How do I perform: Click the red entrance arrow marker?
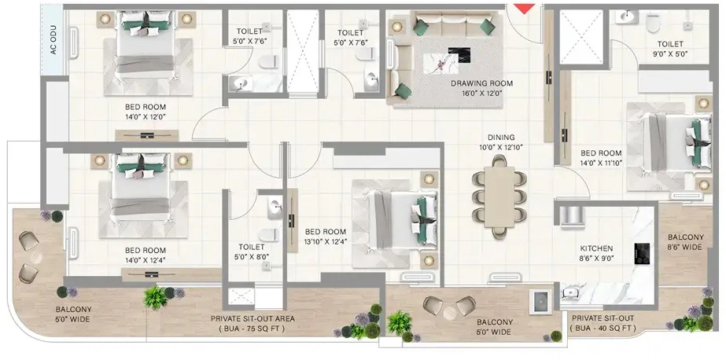tap(525, 9)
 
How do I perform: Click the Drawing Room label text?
tap(482, 84)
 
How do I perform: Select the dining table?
tap(499, 197)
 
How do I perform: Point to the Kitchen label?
tap(596, 248)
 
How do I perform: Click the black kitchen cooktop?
tap(642, 254)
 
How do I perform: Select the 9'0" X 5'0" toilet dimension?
tap(670, 53)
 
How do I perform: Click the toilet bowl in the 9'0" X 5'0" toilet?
tap(653, 22)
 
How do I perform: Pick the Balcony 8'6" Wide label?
tap(685, 242)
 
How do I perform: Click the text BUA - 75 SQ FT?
tap(252, 329)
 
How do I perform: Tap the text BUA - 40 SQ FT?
tap(603, 328)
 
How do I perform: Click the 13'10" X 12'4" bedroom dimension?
tap(325, 241)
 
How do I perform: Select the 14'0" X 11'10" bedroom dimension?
tap(601, 163)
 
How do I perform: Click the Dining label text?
tap(501, 138)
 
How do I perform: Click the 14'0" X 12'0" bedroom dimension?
tap(145, 116)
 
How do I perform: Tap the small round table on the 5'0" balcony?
tap(449, 313)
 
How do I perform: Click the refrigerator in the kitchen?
tap(573, 217)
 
